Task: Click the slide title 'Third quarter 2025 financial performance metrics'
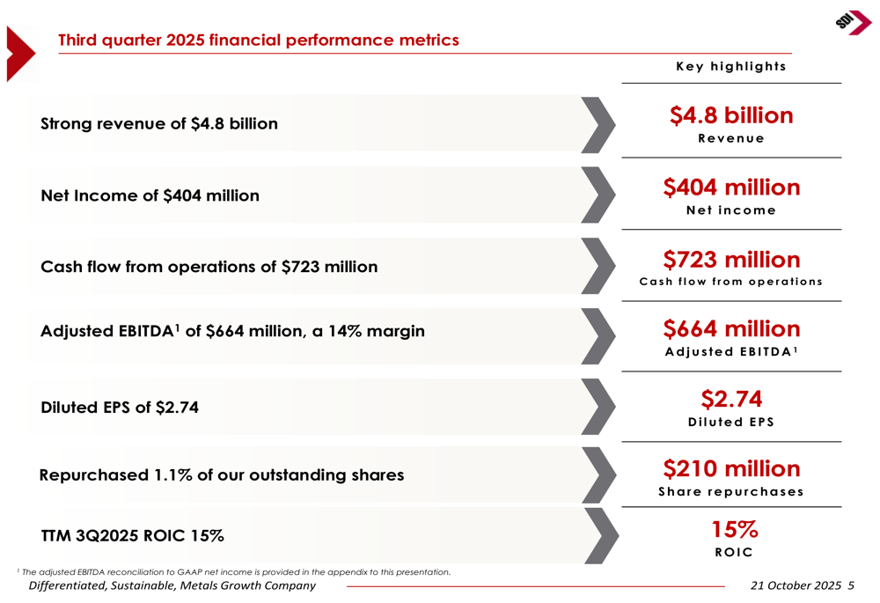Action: coord(258,40)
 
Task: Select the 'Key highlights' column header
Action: coord(730,67)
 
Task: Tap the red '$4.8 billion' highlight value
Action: coord(731,115)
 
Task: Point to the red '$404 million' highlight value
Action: coord(731,188)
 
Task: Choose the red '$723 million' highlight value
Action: coord(731,260)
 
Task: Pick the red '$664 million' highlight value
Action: coord(731,329)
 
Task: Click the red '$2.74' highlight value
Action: coord(731,399)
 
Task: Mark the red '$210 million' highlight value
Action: coord(731,468)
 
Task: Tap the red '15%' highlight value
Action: coord(734,530)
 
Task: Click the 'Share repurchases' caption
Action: coord(731,492)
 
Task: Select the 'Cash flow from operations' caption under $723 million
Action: coord(731,283)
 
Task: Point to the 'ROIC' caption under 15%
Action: coord(732,553)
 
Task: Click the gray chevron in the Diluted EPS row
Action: coord(599,406)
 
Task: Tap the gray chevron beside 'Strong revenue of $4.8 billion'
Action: coord(599,124)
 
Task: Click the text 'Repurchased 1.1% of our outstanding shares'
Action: coord(222,475)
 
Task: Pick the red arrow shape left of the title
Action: coord(20,54)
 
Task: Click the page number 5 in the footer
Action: coord(851,586)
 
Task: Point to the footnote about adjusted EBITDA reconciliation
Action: coord(234,572)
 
